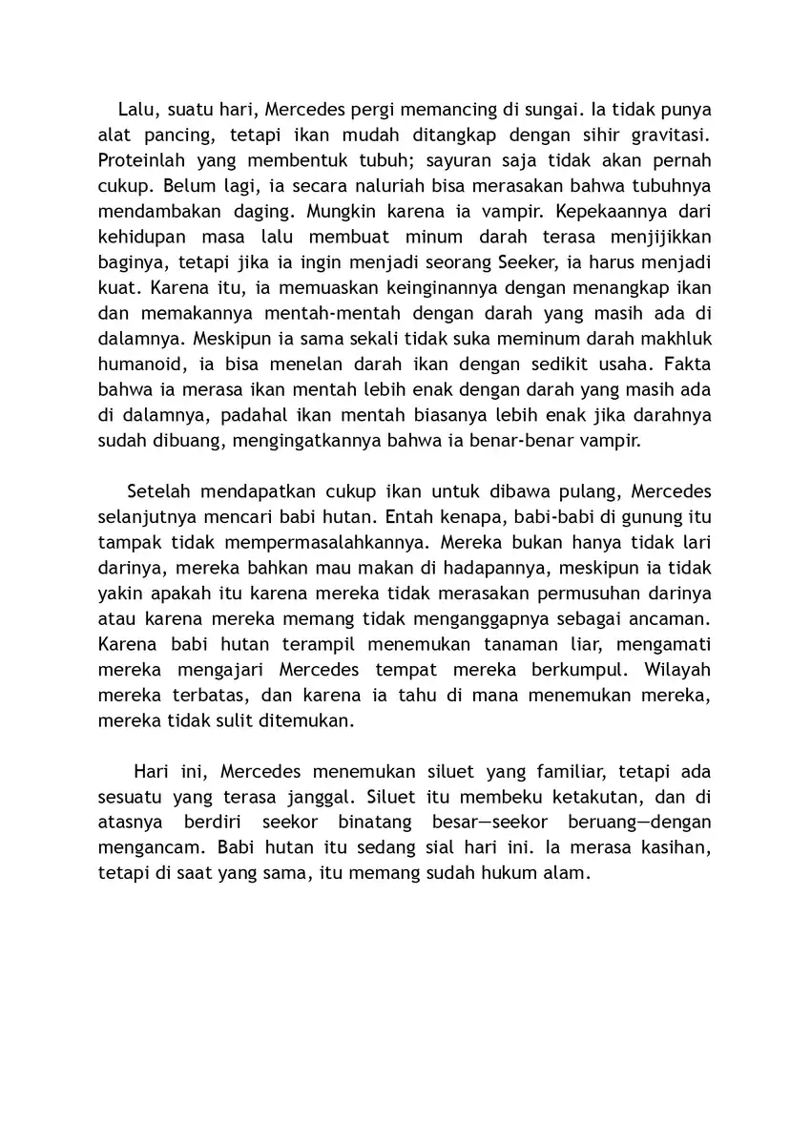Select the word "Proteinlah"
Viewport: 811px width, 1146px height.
click(142, 159)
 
